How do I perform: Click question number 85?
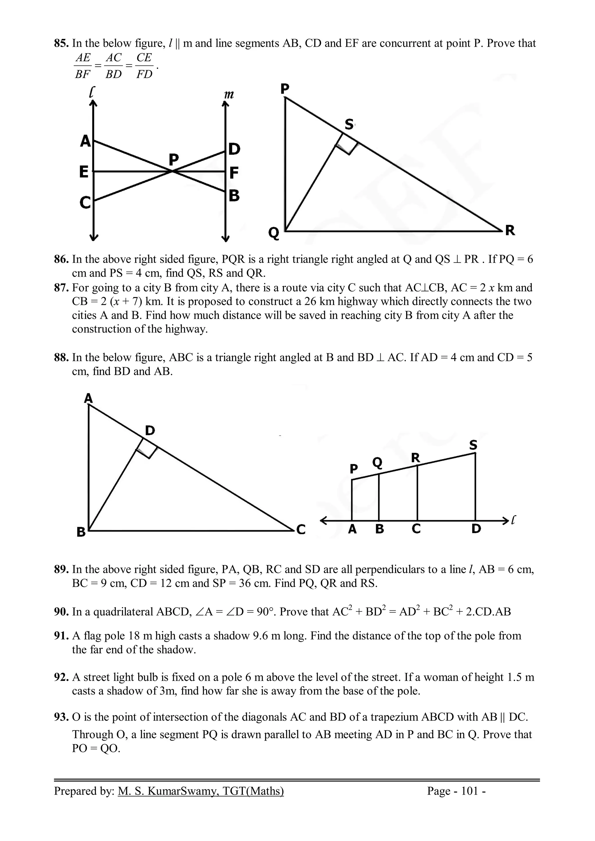61,44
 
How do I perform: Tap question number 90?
61,612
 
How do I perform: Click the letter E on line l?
84,172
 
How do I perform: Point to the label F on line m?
234,172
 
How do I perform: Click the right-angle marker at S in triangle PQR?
346,144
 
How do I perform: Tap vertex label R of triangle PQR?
510,231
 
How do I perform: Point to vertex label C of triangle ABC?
301,530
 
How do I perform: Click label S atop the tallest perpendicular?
473,445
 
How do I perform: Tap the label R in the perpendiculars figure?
415,457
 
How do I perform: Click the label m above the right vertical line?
229,95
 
